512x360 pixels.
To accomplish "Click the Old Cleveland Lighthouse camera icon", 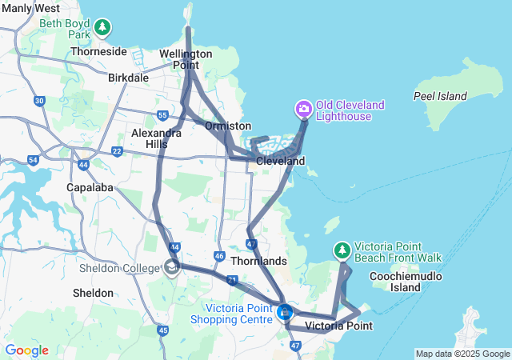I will tap(304, 109).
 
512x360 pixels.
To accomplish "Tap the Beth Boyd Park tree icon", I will tap(102, 29).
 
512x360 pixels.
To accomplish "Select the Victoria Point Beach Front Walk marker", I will tap(342, 250).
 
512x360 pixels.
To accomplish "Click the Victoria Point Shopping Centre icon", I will tap(284, 313).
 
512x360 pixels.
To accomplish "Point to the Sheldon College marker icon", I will tap(172, 268).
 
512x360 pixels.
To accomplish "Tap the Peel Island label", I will tap(440, 96).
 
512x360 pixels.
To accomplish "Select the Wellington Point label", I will tap(186, 59).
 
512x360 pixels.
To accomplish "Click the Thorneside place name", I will tap(98, 51).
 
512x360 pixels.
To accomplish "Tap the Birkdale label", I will tap(128, 78).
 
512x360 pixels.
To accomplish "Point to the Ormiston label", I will tap(228, 126).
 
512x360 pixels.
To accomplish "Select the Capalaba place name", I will tap(90, 187).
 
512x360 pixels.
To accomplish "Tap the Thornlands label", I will tap(258, 261).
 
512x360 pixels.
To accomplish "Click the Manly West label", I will tap(30, 8).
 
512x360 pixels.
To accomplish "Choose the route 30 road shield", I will tap(39, 100).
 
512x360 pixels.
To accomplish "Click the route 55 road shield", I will tap(162, 115).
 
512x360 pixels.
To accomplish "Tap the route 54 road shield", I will tap(33, 160).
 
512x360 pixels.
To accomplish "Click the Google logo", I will tap(26, 350).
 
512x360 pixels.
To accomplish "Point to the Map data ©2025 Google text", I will tap(462, 354).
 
